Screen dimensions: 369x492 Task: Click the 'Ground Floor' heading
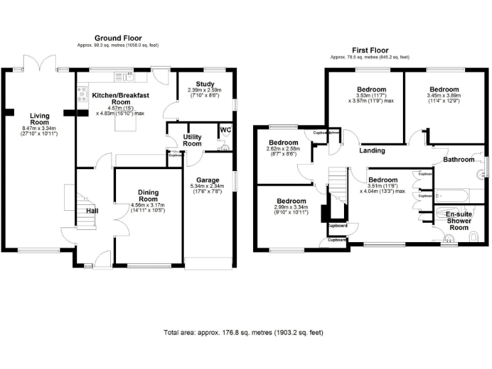(x=118, y=38)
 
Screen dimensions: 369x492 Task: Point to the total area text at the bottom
(x=243, y=332)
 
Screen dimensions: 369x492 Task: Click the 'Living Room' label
(x=39, y=119)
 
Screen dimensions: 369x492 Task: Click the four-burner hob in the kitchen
(x=81, y=95)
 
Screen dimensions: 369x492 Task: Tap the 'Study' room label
(x=204, y=83)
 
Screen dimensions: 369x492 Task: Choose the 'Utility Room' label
(x=193, y=141)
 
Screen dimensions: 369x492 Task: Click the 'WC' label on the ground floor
(x=225, y=130)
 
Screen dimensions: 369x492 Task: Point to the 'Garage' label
(x=209, y=181)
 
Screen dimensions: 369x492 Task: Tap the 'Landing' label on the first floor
(x=372, y=151)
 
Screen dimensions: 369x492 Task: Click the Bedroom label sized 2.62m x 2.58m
(x=283, y=142)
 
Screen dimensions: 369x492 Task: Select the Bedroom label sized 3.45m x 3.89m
(x=444, y=89)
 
